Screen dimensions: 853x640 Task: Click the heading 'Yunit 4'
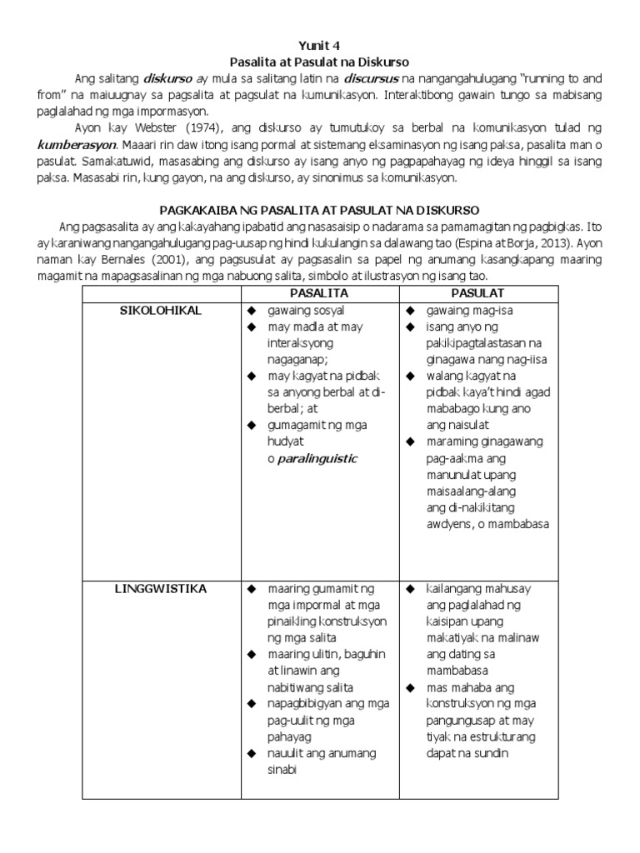click(320, 45)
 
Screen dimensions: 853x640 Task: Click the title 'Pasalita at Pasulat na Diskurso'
click(320, 62)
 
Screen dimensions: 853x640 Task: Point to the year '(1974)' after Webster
click(192, 127)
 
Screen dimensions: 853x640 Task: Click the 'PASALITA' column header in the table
click(318, 293)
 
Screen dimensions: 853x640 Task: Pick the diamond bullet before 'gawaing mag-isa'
click(410, 311)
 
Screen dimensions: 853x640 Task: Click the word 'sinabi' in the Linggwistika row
click(283, 770)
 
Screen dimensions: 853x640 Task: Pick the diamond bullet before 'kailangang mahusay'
click(410, 589)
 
